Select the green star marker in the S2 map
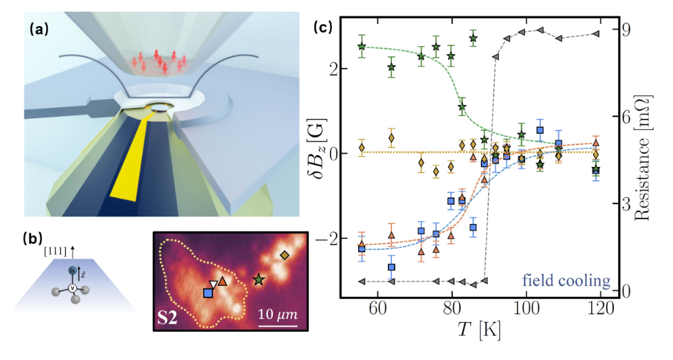click(x=258, y=280)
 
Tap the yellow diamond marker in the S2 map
click(x=285, y=256)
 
